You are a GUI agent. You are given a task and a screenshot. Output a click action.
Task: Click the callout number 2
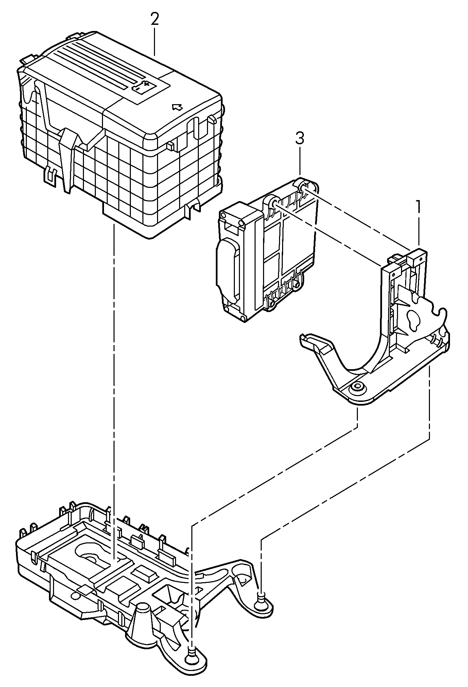tap(155, 20)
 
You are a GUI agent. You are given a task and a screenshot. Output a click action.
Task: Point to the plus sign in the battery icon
tap(146, 83)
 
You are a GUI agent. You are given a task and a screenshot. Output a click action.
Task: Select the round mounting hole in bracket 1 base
tap(357, 386)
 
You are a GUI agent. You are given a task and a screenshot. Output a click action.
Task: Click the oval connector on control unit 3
tap(226, 267)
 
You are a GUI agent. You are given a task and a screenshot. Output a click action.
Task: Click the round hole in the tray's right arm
tap(243, 580)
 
